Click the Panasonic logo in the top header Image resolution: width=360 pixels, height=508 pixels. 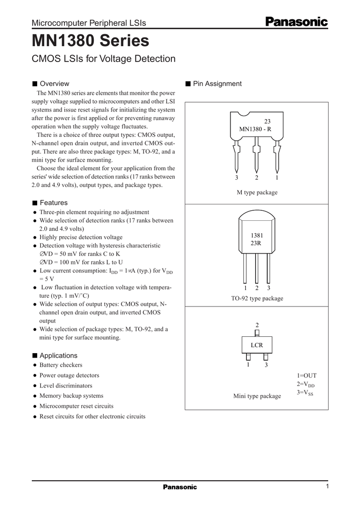[296, 21]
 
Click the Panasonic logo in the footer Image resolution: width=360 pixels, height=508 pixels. [180, 487]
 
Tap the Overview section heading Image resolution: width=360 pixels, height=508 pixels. [54, 83]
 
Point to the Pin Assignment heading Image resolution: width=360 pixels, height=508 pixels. [217, 83]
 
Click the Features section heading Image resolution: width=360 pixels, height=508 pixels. [53, 202]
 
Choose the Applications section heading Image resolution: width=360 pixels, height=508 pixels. [58, 355]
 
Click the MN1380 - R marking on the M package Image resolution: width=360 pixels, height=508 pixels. [255, 129]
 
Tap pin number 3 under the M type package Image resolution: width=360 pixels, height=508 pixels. [237, 178]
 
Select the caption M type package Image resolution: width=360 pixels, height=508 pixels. [257, 192]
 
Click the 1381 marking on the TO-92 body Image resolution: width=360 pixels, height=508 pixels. [257, 235]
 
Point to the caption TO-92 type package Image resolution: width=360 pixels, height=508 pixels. [257, 298]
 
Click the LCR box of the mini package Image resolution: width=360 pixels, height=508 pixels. [257, 345]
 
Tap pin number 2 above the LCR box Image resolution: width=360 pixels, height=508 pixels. [257, 325]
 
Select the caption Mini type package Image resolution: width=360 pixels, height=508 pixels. [257, 396]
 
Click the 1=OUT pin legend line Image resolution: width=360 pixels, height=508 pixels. [306, 376]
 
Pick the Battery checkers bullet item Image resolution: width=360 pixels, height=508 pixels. [61, 365]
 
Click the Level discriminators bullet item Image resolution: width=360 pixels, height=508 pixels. [66, 385]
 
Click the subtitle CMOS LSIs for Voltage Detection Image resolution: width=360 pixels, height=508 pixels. [103, 59]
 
